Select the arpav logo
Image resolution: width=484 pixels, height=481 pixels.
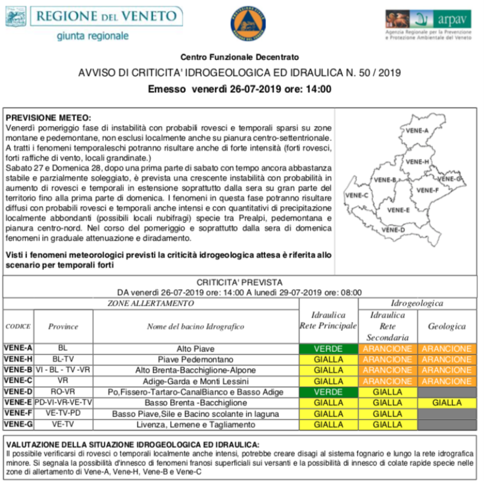tap(430, 24)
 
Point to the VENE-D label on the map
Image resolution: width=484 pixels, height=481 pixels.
tap(394, 230)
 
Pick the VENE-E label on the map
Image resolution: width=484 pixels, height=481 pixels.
tap(398, 210)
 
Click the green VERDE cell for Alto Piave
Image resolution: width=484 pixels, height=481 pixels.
tap(328, 348)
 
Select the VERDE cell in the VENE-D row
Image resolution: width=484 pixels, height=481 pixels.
tap(328, 392)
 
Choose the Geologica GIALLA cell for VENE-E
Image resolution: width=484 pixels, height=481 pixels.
tap(447, 403)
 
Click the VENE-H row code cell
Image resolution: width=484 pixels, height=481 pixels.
tap(18, 359)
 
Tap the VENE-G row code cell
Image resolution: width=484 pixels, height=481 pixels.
tap(18, 424)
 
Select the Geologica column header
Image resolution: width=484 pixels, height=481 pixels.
tap(447, 326)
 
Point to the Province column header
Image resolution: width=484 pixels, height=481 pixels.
tap(63, 326)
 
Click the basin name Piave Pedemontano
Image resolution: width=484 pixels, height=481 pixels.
tap(196, 359)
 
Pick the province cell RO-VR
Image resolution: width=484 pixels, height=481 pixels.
tap(63, 392)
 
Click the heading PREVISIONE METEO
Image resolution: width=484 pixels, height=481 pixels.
tap(48, 117)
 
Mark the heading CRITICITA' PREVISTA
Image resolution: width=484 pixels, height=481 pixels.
tap(239, 282)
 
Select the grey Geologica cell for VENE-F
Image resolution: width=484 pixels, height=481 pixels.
tap(447, 413)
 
